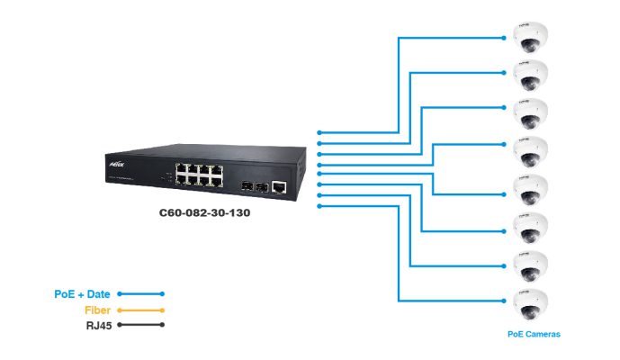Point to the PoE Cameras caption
534,334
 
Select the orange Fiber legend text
96,310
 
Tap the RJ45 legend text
97,325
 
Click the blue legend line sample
140,294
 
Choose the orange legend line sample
140,310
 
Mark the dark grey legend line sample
140,325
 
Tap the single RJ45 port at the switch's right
280,185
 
